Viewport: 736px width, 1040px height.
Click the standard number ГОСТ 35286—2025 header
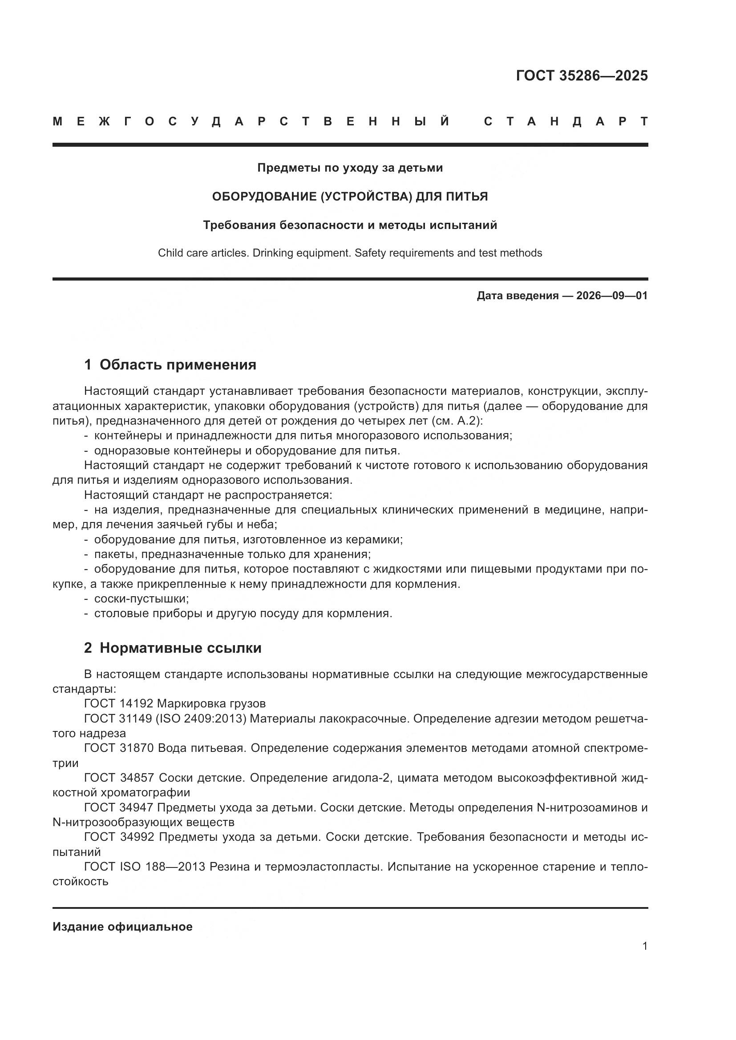click(x=582, y=76)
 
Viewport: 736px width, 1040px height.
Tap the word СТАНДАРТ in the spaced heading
click(x=566, y=121)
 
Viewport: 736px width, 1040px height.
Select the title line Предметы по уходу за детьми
click(x=350, y=168)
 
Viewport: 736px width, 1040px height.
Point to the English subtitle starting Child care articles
click(x=350, y=253)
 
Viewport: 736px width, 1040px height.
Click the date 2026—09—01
click(x=611, y=296)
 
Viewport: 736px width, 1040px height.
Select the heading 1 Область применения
click(x=170, y=365)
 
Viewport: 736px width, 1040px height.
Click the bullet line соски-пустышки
click(x=141, y=599)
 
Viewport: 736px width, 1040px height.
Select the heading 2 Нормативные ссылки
click(x=173, y=648)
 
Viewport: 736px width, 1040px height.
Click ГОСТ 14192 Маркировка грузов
click(x=175, y=703)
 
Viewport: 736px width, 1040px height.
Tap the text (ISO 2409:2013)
click(x=201, y=719)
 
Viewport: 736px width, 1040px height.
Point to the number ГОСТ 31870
click(x=119, y=748)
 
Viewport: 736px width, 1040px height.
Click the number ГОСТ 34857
click(x=119, y=778)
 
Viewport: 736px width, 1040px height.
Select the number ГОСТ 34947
click(x=119, y=807)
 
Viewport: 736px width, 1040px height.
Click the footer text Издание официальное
click(x=122, y=927)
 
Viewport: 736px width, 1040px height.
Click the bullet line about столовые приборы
click(x=243, y=614)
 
